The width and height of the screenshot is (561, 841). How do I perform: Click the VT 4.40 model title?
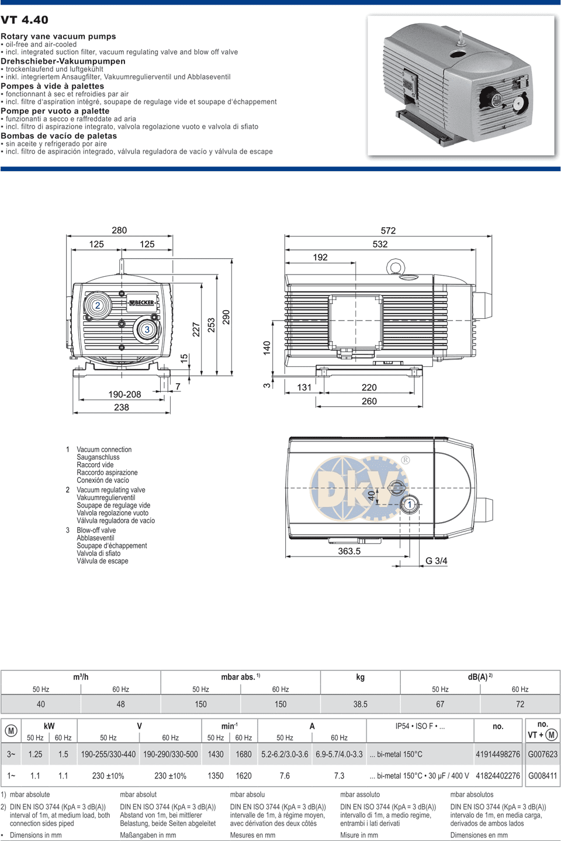click(x=25, y=19)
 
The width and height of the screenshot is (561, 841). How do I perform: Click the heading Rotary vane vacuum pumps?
click(x=58, y=36)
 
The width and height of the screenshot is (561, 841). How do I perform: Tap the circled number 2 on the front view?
click(x=98, y=305)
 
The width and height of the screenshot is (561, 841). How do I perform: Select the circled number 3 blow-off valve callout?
click(x=147, y=329)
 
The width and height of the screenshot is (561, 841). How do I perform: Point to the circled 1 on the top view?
click(x=410, y=505)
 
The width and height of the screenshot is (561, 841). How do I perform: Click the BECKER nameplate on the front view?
click(x=141, y=303)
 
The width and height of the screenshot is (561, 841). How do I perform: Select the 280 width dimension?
click(x=119, y=230)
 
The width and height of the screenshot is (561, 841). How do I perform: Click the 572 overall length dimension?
click(x=388, y=231)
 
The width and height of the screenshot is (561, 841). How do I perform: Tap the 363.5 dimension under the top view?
click(x=349, y=551)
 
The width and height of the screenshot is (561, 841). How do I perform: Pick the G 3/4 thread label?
click(x=437, y=561)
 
